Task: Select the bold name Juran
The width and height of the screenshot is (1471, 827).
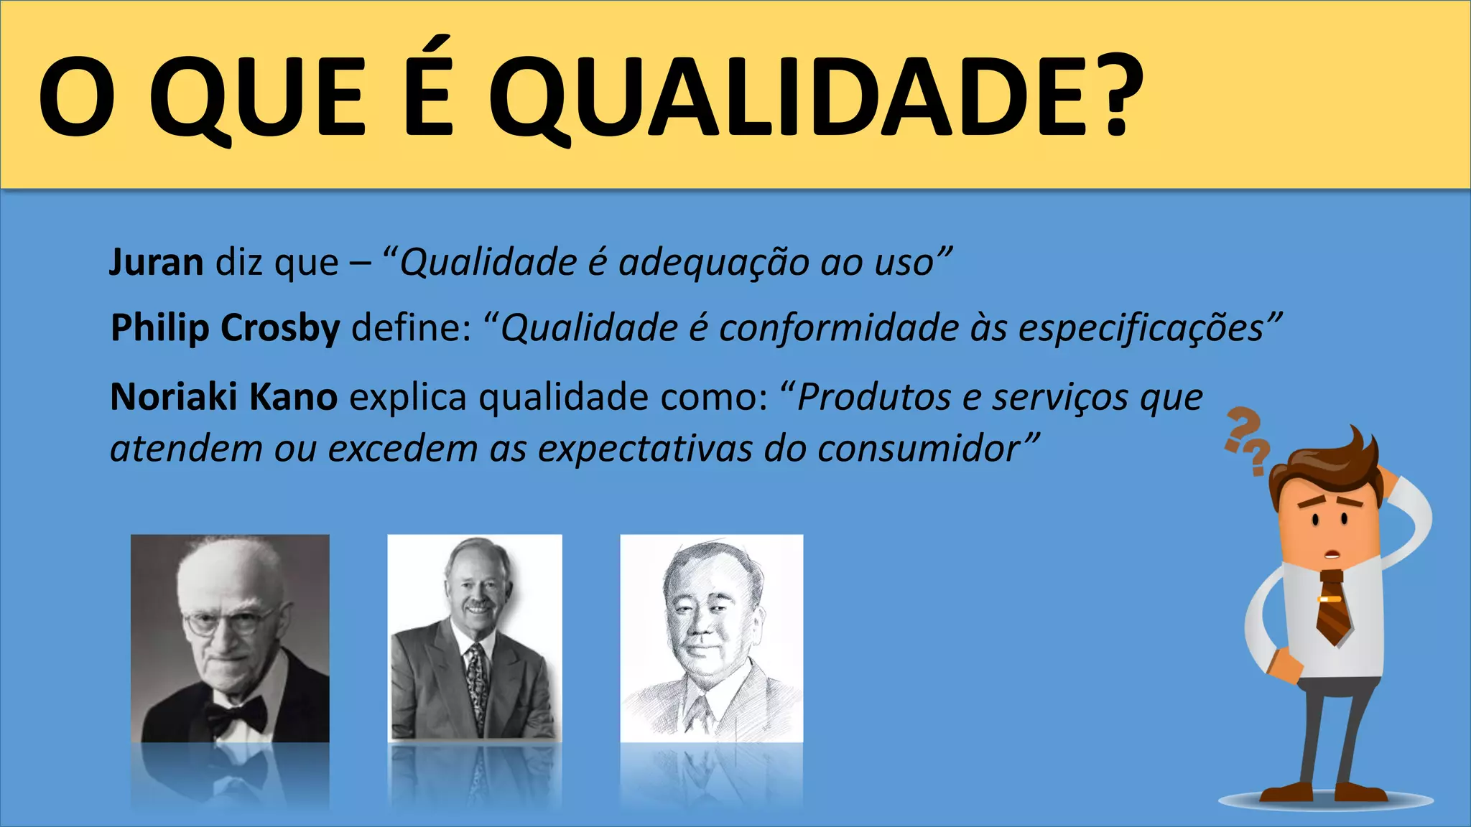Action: (x=156, y=262)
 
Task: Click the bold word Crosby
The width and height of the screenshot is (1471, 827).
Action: (x=280, y=328)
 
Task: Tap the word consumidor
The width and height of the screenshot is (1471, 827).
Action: (x=919, y=449)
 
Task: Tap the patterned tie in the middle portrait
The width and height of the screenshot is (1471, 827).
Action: (x=476, y=682)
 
